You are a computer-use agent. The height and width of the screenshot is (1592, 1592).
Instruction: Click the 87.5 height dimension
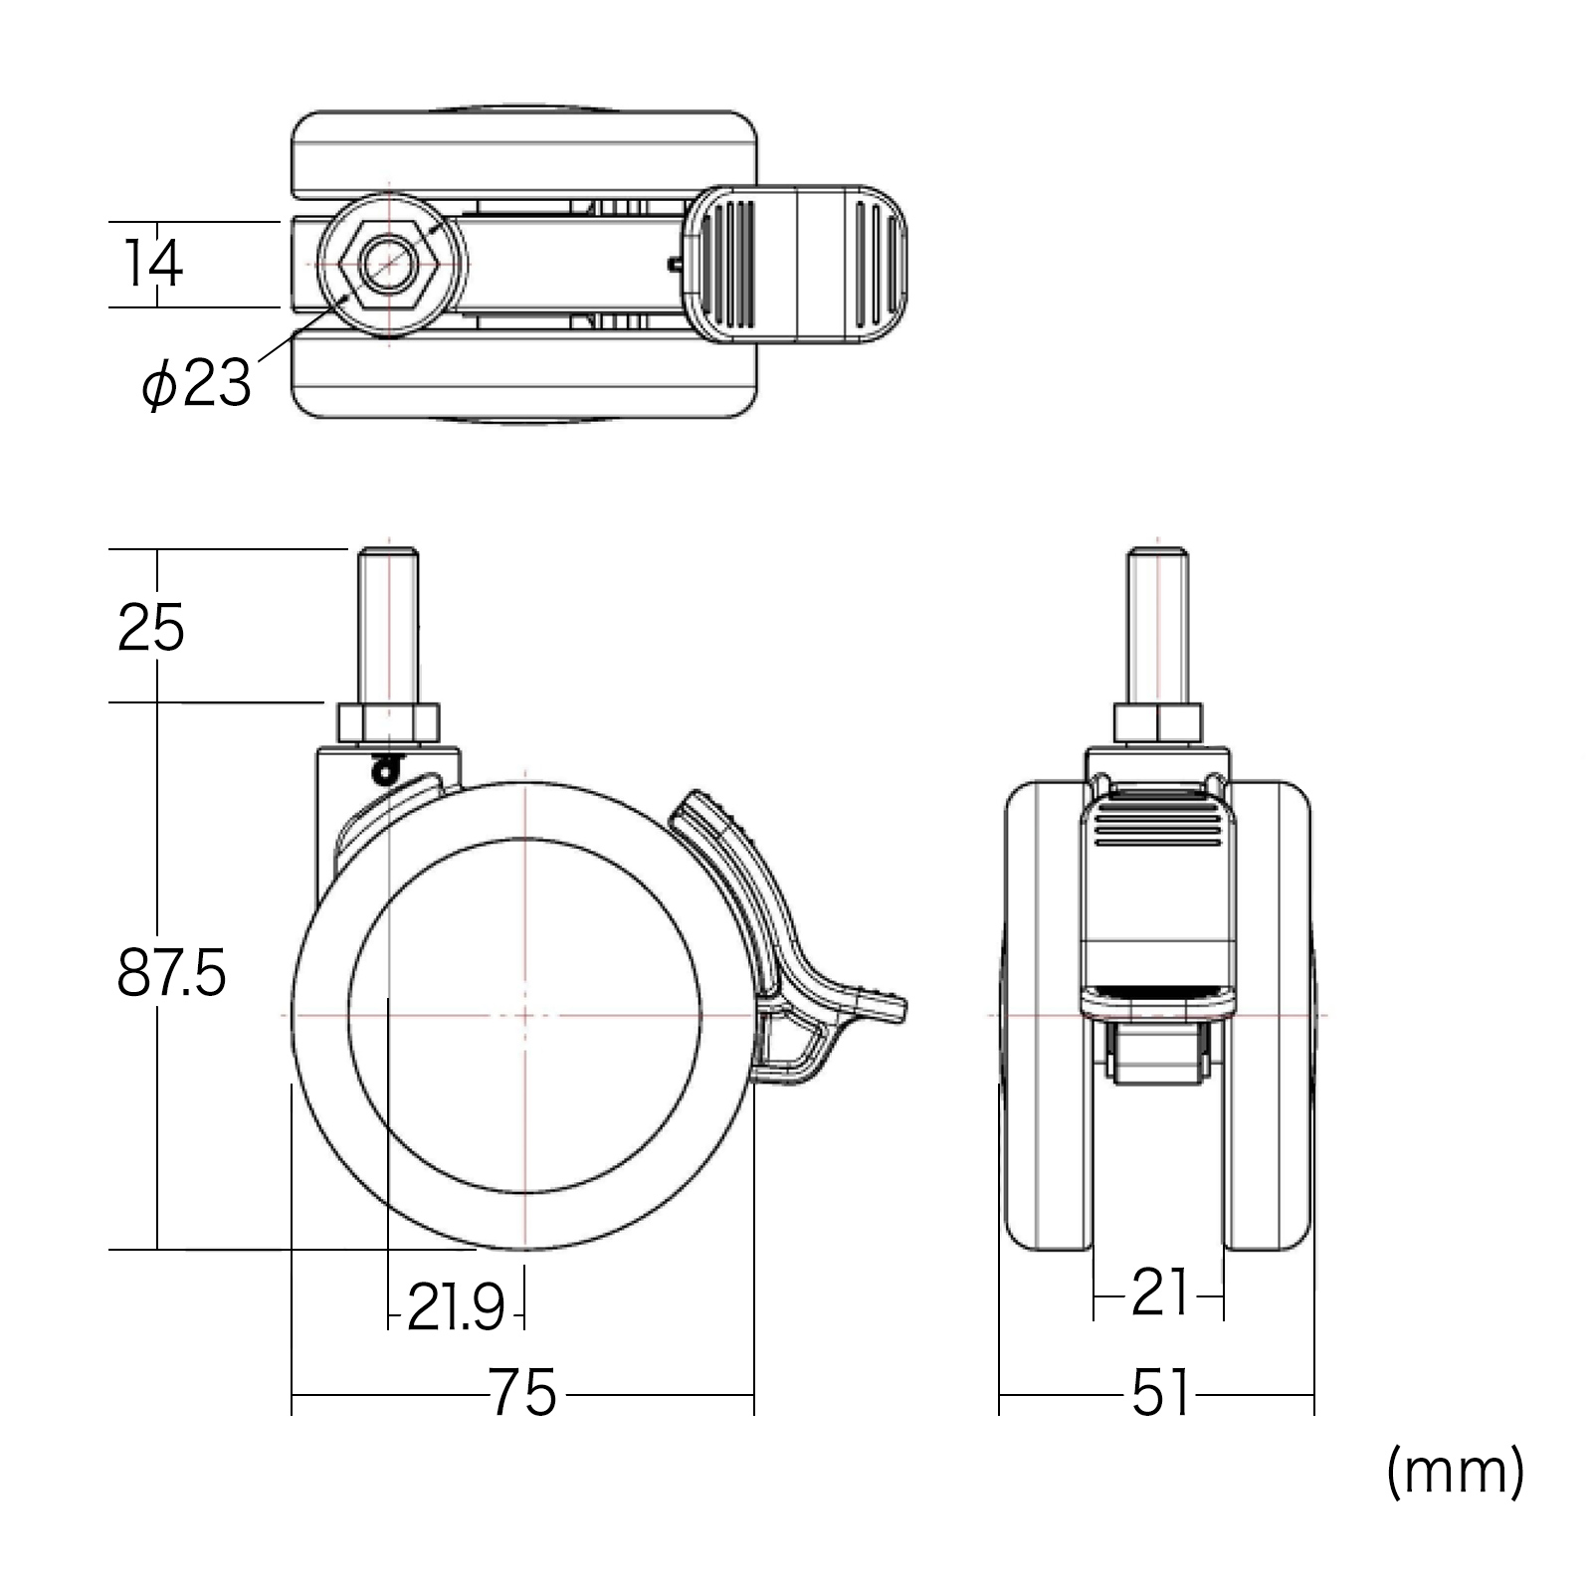coord(171,974)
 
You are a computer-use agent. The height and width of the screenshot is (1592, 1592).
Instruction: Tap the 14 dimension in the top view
coord(154,264)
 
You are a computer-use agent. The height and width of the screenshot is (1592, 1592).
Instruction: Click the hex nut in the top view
coord(388,264)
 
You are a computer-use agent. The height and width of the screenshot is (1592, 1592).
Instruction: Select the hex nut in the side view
coord(388,722)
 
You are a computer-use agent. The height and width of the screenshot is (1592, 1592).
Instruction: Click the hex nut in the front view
coord(1156,722)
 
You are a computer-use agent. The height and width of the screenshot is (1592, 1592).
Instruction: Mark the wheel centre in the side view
coord(524,1015)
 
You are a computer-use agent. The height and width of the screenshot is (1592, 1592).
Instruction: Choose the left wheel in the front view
coord(1045,1015)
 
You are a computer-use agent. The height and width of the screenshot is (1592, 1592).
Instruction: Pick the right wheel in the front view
coord(1270,1015)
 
